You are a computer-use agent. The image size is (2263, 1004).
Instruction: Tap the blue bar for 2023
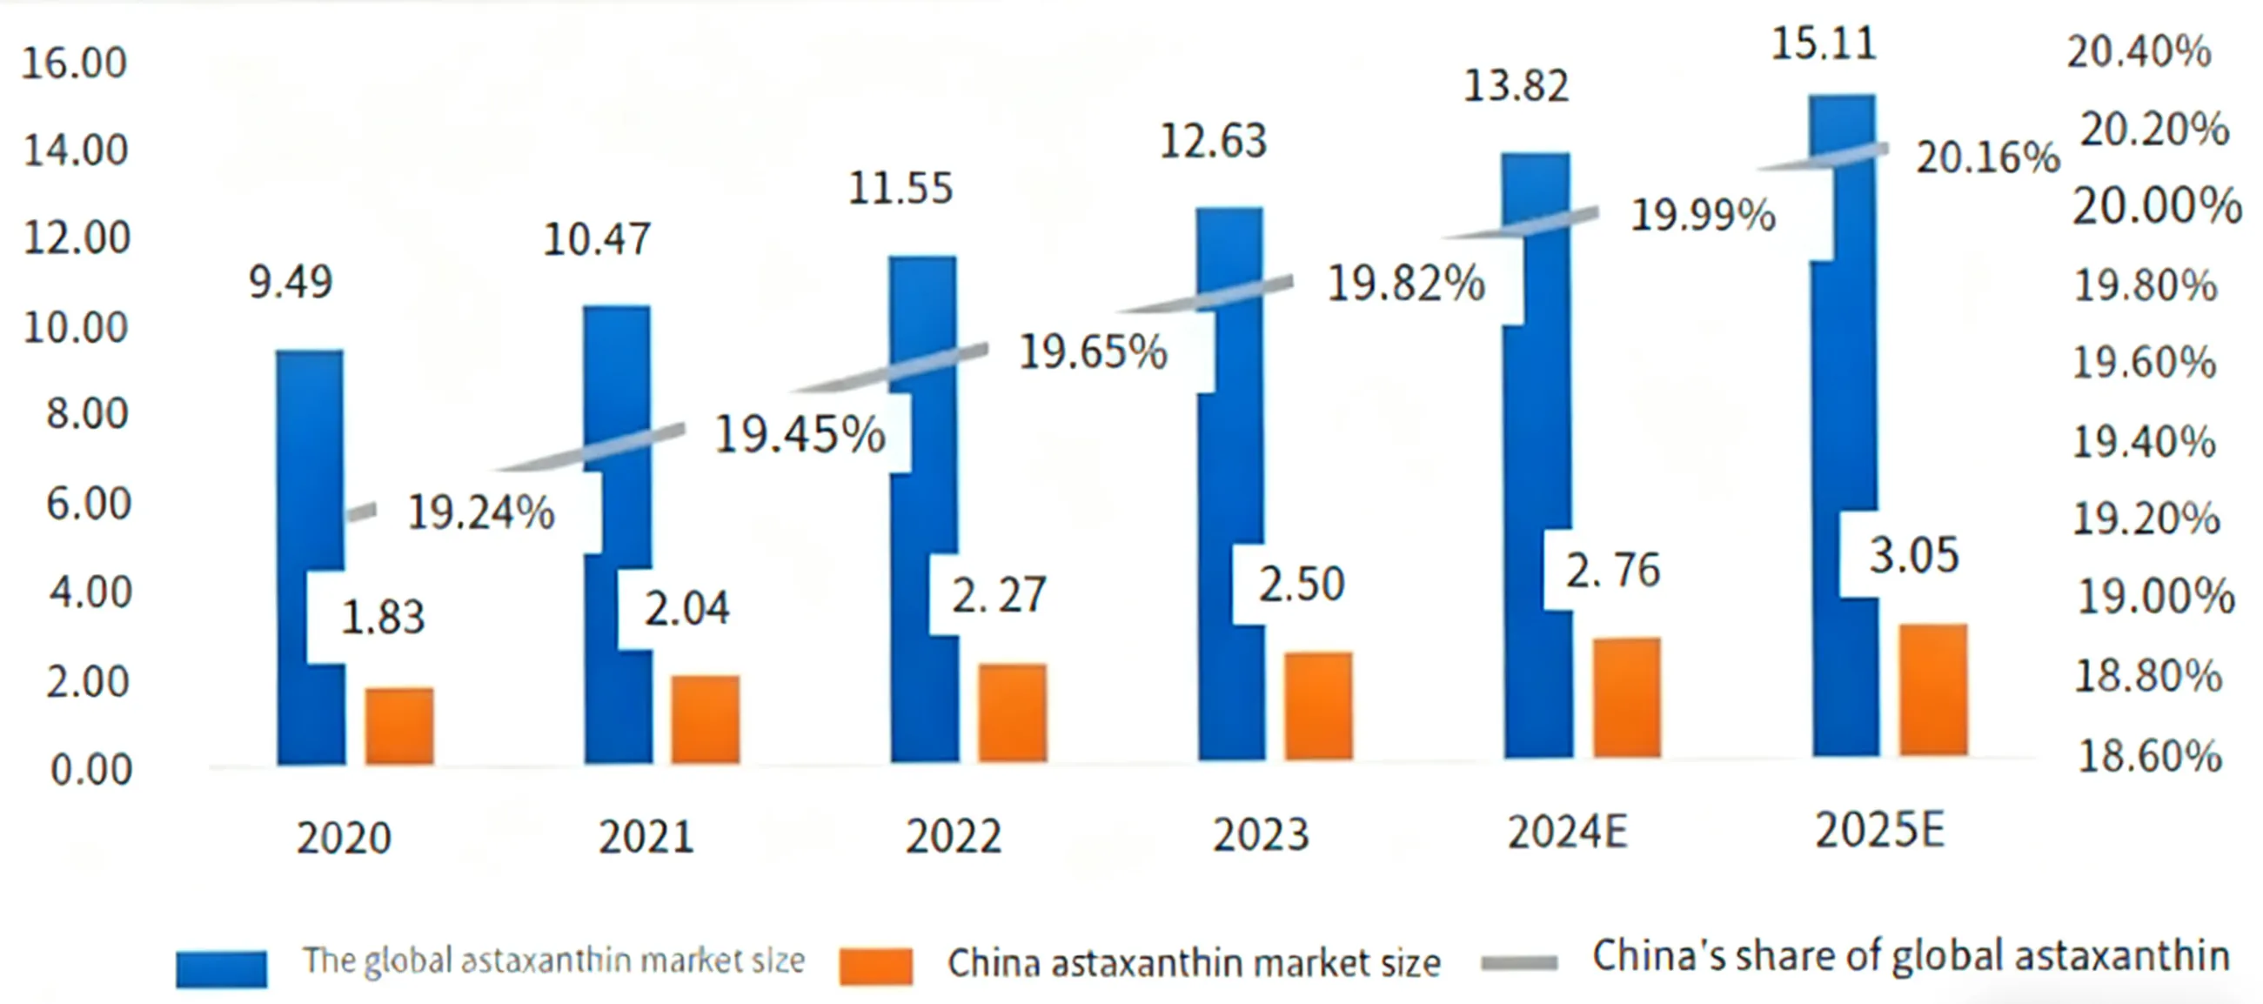[1230, 686]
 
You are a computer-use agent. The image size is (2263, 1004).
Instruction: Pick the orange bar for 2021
[706, 720]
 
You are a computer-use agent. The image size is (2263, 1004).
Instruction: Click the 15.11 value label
[1824, 44]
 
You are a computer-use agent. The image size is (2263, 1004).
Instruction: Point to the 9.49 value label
[291, 282]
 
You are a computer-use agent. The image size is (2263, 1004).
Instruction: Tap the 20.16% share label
[1988, 158]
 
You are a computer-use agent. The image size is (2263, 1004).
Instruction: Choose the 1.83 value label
[383, 617]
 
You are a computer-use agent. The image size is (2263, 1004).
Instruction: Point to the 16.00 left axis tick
[75, 64]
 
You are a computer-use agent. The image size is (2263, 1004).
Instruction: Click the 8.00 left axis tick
[87, 414]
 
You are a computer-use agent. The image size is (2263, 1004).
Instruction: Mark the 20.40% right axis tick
[2139, 52]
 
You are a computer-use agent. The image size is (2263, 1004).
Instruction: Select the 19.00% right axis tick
[2155, 598]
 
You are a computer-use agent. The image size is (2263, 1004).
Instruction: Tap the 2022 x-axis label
[954, 835]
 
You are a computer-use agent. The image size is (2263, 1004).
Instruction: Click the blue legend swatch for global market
[221, 969]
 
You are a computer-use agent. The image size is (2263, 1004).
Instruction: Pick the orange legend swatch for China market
[876, 967]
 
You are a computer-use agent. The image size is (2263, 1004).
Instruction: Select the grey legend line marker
[1519, 964]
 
